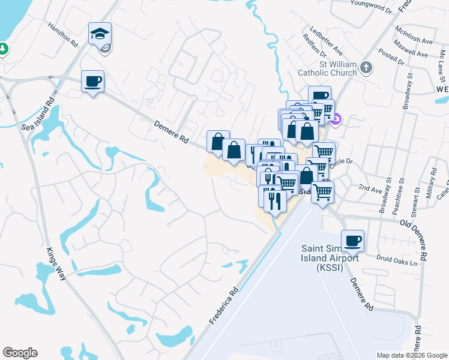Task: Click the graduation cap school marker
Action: pos(100,34)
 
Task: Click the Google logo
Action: pos(20,353)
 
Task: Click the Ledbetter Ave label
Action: pos(327,39)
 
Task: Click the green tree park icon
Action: pos(3,47)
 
